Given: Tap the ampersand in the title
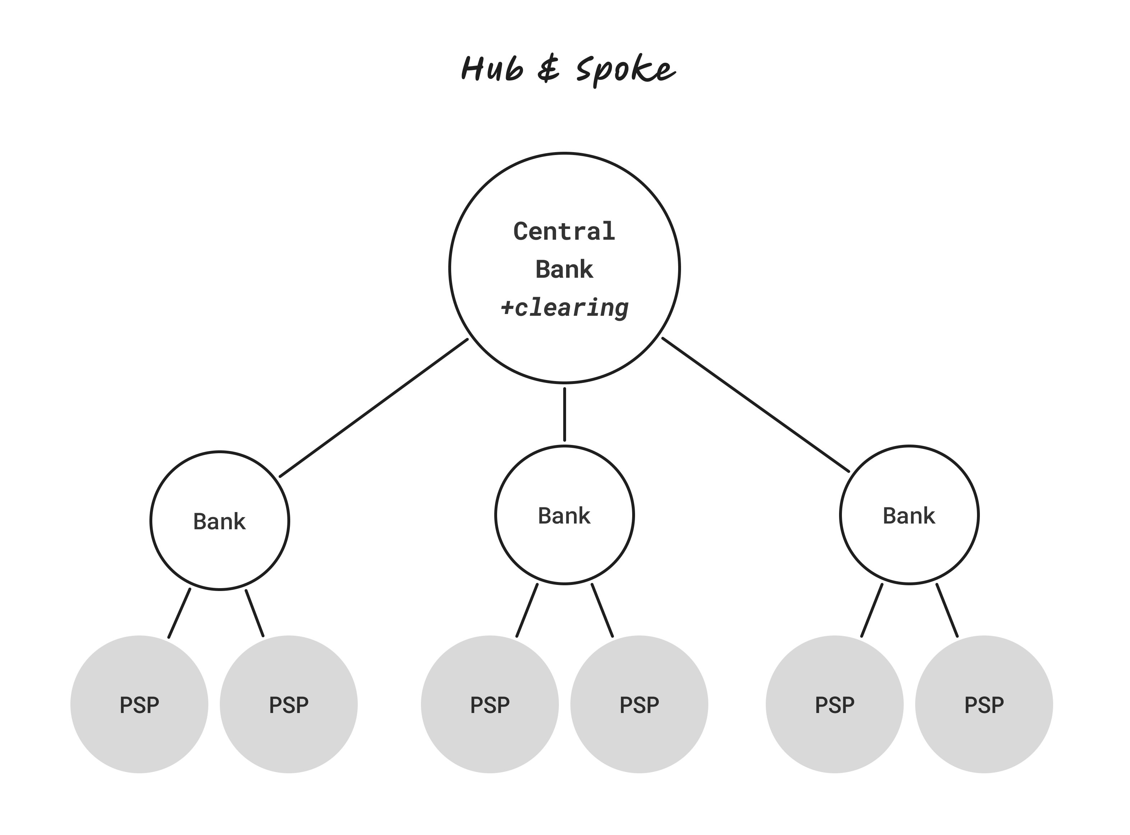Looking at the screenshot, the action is pyautogui.click(x=549, y=69).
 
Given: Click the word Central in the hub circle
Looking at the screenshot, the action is pyautogui.click(x=565, y=231).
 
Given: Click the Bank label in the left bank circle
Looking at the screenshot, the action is pyautogui.click(x=219, y=522).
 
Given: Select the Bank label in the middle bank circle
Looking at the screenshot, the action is pyautogui.click(x=564, y=516).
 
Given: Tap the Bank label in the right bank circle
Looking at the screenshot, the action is pyautogui.click(x=909, y=516).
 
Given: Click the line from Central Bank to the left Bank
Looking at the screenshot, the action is pyautogui.click(x=374, y=408).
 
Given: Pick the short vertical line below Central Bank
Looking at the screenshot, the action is pyautogui.click(x=565, y=414).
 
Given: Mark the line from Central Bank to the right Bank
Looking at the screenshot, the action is pyautogui.click(x=756, y=405).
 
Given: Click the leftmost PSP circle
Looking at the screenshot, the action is pyautogui.click(x=139, y=705).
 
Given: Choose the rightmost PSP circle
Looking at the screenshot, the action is pyautogui.click(x=984, y=705).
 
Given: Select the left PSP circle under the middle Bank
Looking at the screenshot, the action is pyautogui.click(x=490, y=705).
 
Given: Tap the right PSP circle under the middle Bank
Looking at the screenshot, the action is pyautogui.click(x=639, y=705).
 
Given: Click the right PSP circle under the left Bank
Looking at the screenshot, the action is pyautogui.click(x=289, y=705).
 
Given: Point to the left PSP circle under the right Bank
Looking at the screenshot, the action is pyautogui.click(x=835, y=705).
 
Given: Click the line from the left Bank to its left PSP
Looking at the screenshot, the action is pyautogui.click(x=179, y=613).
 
